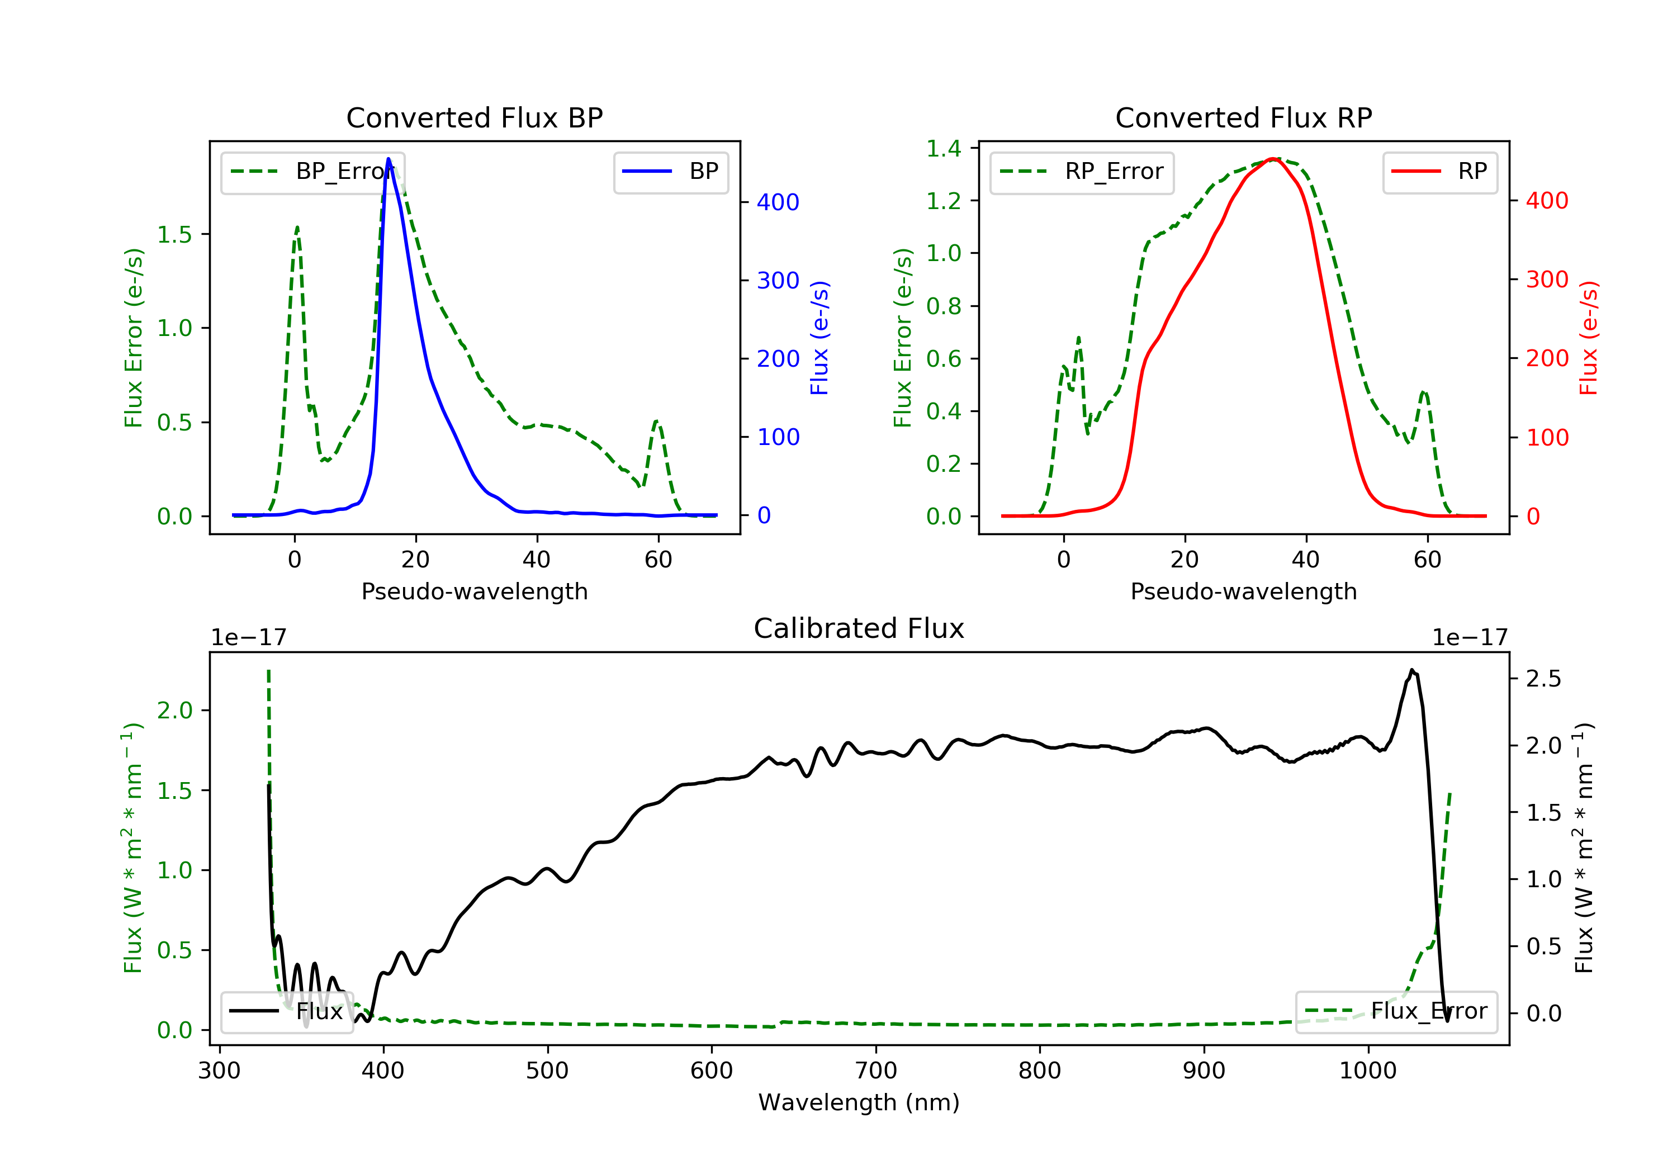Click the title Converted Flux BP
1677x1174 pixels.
[474, 117]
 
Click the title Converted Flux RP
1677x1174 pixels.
[1243, 117]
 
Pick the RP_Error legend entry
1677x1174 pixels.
[1082, 172]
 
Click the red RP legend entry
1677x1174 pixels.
[1439, 172]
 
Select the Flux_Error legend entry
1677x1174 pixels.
[1396, 1011]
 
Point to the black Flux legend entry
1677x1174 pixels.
[287, 1011]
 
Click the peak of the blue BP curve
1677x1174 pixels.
[389, 159]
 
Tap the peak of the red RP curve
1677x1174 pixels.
[1273, 159]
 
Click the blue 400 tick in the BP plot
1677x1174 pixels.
[778, 202]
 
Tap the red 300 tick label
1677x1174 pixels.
[1547, 279]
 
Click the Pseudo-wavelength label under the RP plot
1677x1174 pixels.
[1243, 591]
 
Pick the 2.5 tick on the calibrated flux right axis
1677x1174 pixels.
[1543, 679]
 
